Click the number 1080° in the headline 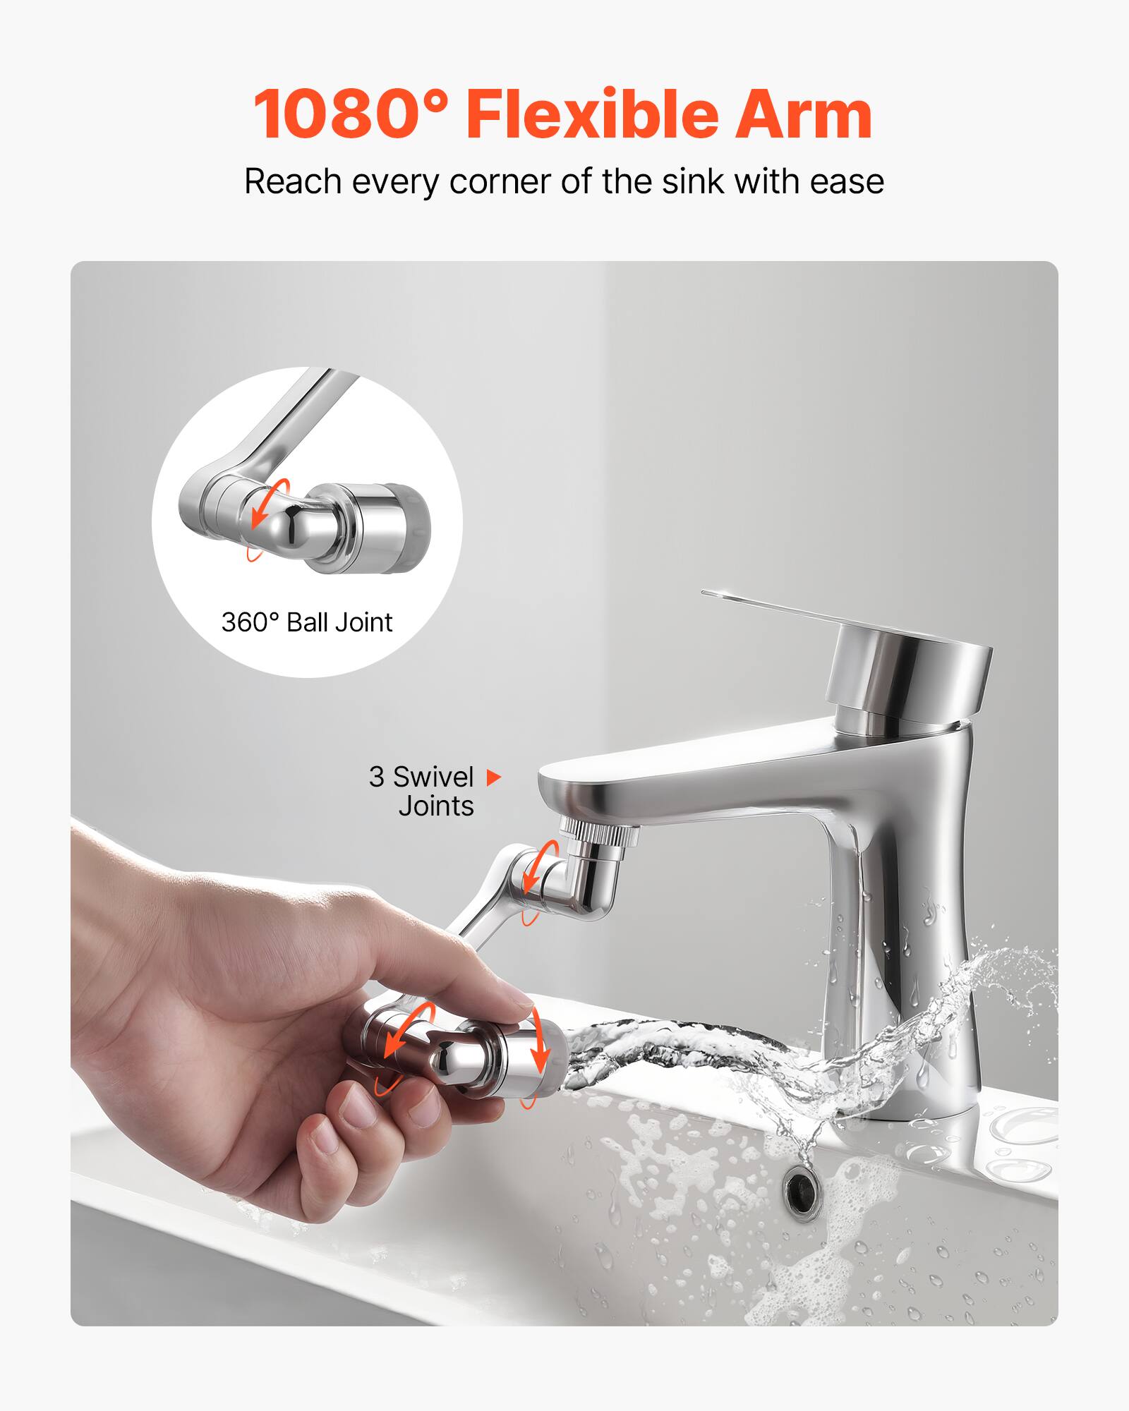click(x=351, y=114)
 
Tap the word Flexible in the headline click(x=591, y=114)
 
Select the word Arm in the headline click(x=804, y=114)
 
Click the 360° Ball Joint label click(x=307, y=622)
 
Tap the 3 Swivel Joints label click(x=422, y=791)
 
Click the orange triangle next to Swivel click(x=494, y=777)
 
